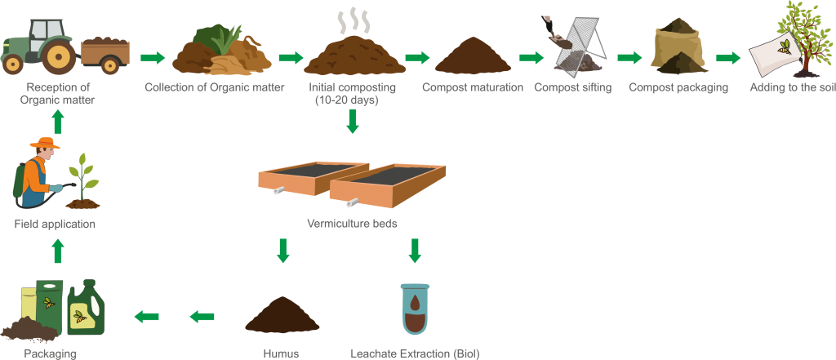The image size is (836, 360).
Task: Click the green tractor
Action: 41,46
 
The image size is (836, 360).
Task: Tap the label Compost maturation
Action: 472,87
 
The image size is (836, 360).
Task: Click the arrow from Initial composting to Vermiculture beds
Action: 352,121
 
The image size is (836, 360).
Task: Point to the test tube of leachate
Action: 414,308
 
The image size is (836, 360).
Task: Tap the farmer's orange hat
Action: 45,144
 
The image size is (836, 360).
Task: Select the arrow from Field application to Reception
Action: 57,122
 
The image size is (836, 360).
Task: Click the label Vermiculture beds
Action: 352,222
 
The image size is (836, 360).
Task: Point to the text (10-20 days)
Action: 345,100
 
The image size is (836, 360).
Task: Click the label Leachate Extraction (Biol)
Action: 414,353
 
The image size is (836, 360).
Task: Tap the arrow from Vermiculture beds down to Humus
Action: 282,250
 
